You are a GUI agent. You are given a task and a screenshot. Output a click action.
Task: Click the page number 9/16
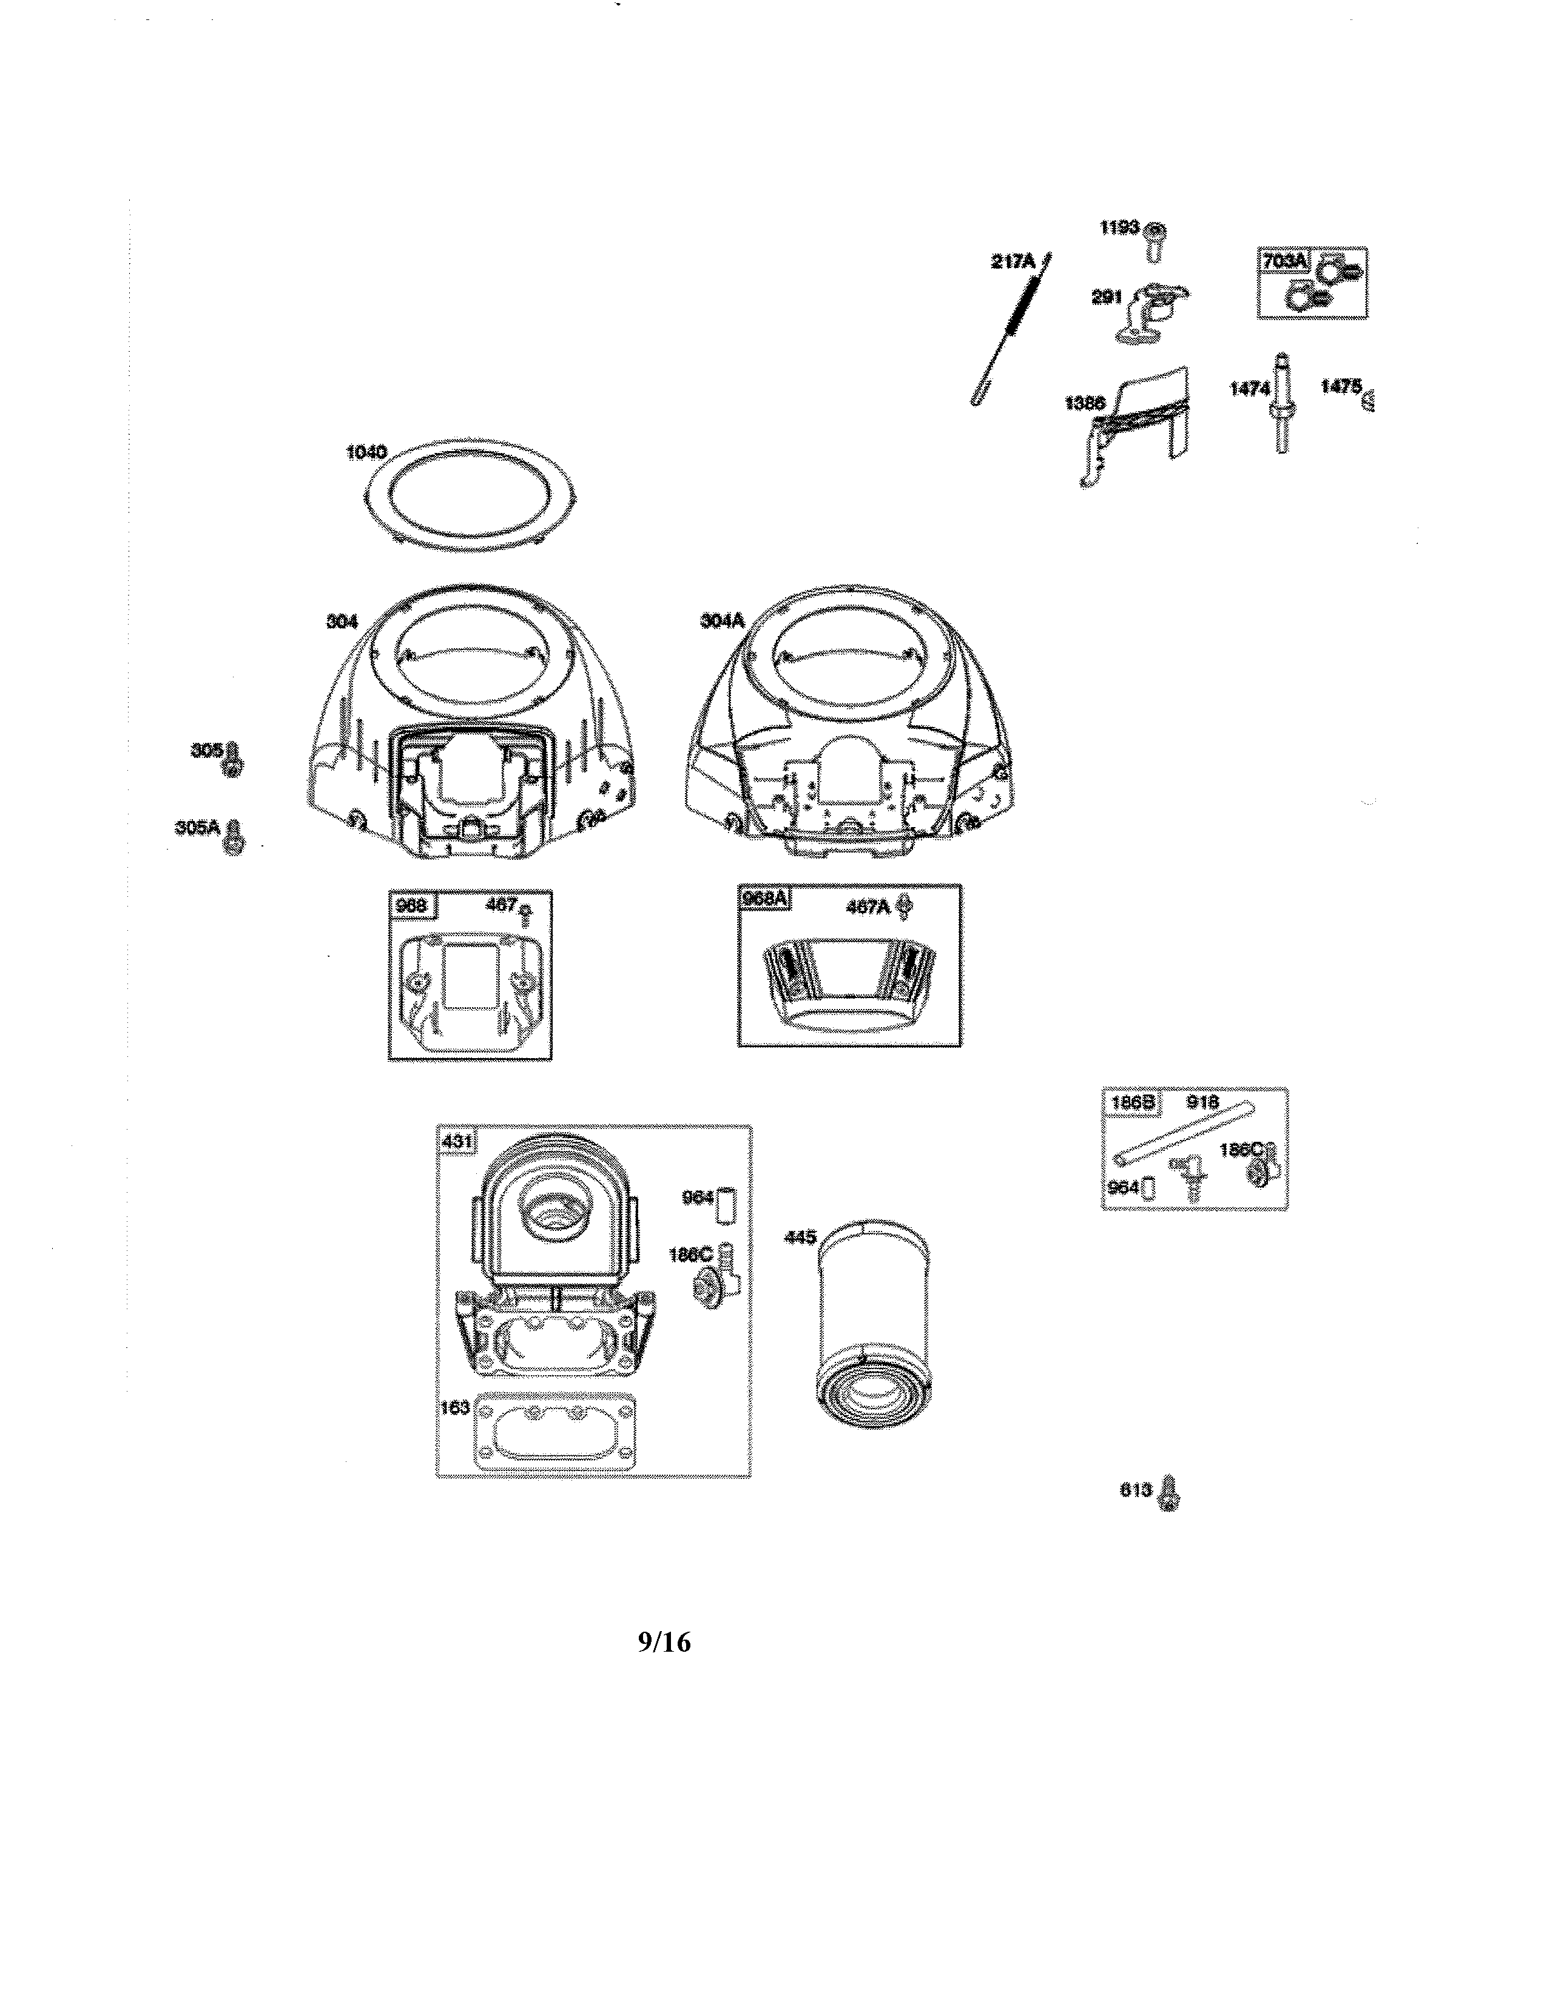(x=664, y=1642)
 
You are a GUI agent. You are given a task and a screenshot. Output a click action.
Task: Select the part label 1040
(x=366, y=452)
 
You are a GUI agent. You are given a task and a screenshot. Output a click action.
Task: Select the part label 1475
(x=1341, y=387)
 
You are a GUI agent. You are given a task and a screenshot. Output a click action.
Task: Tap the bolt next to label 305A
(x=235, y=837)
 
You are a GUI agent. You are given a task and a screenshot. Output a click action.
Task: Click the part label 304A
(x=722, y=620)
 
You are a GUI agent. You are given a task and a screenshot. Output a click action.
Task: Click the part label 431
(x=456, y=1142)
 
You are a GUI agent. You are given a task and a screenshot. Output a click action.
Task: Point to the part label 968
(x=411, y=906)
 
